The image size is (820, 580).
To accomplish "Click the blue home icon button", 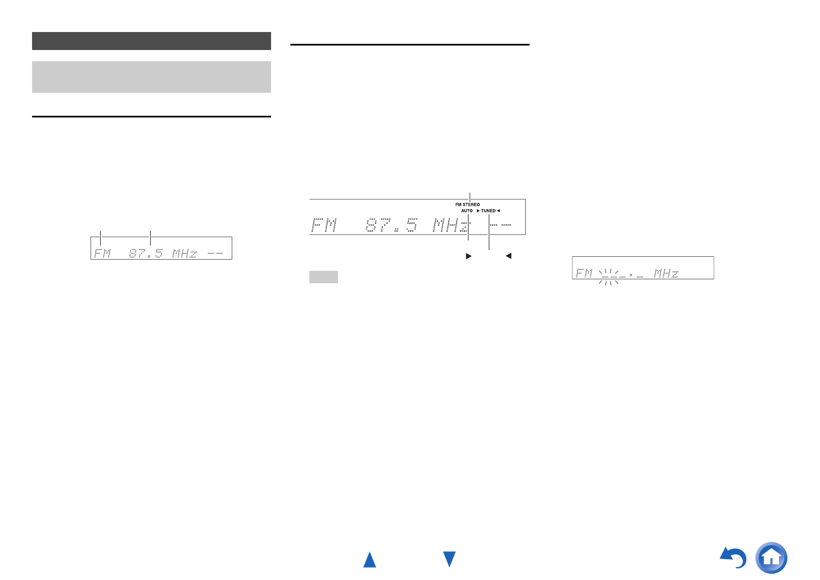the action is point(771,558).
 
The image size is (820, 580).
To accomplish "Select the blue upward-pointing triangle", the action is point(370,560).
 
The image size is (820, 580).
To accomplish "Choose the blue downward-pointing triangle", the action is point(449,559).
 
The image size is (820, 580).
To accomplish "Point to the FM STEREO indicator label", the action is point(467,205).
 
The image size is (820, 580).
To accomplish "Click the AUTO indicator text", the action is point(467,211).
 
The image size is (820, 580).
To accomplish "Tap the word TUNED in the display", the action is point(488,211).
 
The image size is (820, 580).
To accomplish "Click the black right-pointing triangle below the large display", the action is point(468,256).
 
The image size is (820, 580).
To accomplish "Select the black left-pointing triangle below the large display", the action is point(508,256).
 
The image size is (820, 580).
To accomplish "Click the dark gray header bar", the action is point(151,41).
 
